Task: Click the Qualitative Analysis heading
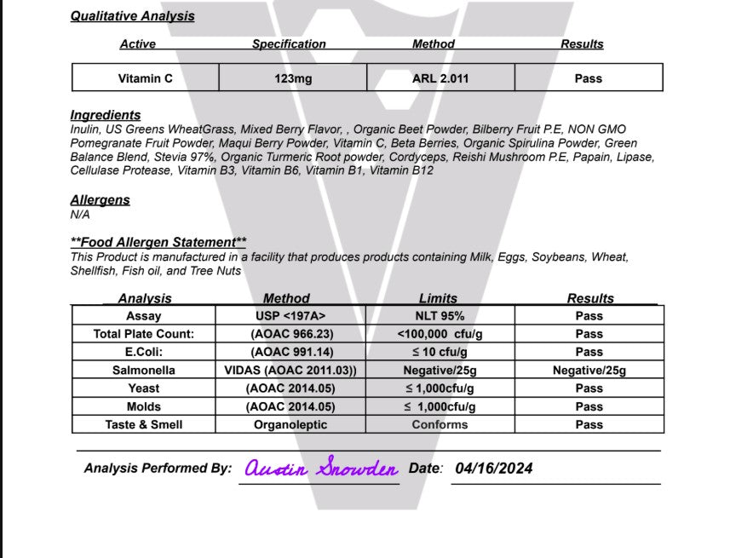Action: pyautogui.click(x=132, y=16)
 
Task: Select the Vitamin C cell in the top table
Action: pyautogui.click(x=145, y=78)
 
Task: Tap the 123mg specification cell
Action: pyautogui.click(x=292, y=78)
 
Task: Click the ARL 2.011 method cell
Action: pyautogui.click(x=440, y=78)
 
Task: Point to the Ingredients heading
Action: pyautogui.click(x=106, y=115)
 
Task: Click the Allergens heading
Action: pyautogui.click(x=100, y=200)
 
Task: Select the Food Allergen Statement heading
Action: pyautogui.click(x=158, y=243)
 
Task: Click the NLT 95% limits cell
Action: pyautogui.click(x=440, y=316)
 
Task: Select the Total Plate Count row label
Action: pyautogui.click(x=143, y=334)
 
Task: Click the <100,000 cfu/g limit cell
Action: pyautogui.click(x=440, y=334)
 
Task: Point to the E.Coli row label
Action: pyautogui.click(x=143, y=352)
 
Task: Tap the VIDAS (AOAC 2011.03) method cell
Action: pyautogui.click(x=290, y=371)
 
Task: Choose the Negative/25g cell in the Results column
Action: pyautogui.click(x=589, y=371)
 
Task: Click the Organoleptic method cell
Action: pyautogui.click(x=290, y=424)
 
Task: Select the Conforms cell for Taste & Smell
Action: pyautogui.click(x=440, y=424)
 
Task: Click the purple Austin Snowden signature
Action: pyautogui.click(x=321, y=469)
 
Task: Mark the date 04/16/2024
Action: pyautogui.click(x=494, y=469)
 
